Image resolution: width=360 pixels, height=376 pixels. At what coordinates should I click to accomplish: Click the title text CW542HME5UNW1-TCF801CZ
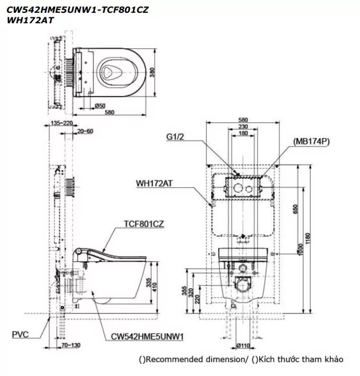(69, 9)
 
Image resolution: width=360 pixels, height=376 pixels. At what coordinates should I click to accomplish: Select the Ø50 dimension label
(100, 105)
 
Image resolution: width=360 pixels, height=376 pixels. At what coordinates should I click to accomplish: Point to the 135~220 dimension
(62, 123)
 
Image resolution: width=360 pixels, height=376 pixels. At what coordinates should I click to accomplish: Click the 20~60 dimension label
(84, 132)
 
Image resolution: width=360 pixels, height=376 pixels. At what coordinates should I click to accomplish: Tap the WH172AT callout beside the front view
(155, 183)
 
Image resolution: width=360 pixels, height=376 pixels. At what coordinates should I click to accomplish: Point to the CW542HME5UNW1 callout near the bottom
(147, 336)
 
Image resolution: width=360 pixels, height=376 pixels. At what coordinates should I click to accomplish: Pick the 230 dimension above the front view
(243, 127)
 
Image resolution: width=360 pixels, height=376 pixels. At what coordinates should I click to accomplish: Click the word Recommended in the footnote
(173, 359)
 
